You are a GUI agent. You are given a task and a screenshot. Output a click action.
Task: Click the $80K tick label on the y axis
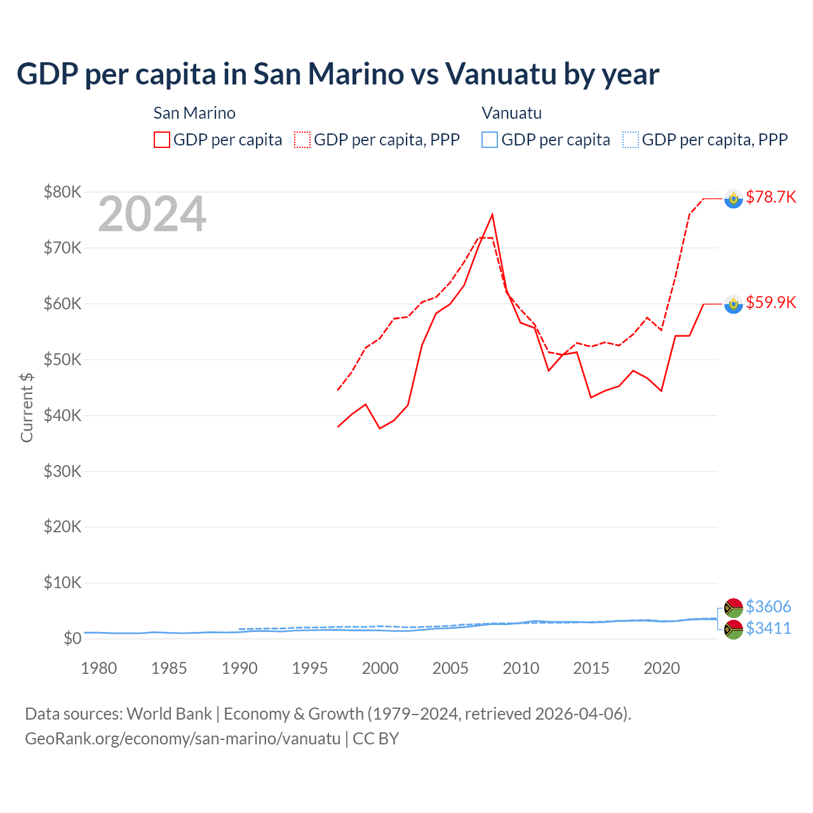(x=62, y=192)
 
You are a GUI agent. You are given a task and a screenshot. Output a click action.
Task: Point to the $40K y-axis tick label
(x=62, y=415)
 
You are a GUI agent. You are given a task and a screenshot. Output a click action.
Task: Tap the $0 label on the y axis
(x=72, y=638)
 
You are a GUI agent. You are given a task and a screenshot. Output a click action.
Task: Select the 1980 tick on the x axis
(x=99, y=668)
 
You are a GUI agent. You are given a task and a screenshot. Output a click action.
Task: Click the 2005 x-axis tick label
(x=450, y=668)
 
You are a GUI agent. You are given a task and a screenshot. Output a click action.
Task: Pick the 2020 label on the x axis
(x=662, y=668)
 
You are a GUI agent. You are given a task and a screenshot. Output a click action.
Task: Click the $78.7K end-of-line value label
(x=770, y=197)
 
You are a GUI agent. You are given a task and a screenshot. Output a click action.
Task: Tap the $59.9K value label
(x=770, y=302)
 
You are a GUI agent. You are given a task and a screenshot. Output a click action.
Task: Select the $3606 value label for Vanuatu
(x=769, y=607)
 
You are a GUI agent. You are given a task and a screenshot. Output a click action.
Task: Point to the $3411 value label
(x=769, y=628)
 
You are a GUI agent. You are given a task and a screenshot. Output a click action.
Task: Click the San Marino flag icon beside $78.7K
(x=734, y=199)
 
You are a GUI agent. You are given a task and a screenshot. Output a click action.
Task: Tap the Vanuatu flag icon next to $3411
(x=734, y=629)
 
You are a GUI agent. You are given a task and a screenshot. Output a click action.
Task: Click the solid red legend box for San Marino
(x=162, y=140)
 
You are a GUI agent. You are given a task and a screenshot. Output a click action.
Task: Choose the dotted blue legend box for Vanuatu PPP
(x=630, y=140)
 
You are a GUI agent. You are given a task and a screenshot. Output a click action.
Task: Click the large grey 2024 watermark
(x=152, y=214)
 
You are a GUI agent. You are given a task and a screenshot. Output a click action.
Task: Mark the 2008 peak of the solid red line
(x=492, y=215)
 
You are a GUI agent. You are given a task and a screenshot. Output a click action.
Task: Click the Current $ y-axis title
(x=27, y=408)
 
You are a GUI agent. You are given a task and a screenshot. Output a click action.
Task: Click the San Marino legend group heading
(x=194, y=113)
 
